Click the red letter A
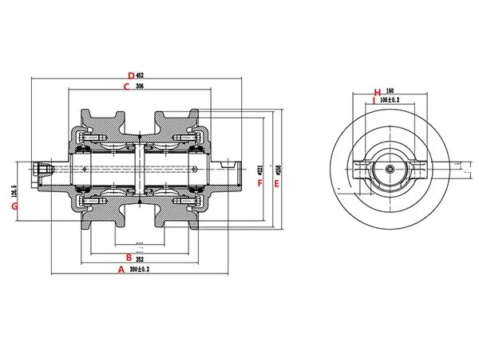pyautogui.click(x=121, y=270)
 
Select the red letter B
pyautogui.click(x=129, y=258)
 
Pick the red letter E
pyautogui.click(x=276, y=183)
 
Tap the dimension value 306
pyautogui.click(x=140, y=86)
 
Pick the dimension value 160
pyautogui.click(x=390, y=91)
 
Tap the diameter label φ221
pyautogui.click(x=262, y=170)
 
